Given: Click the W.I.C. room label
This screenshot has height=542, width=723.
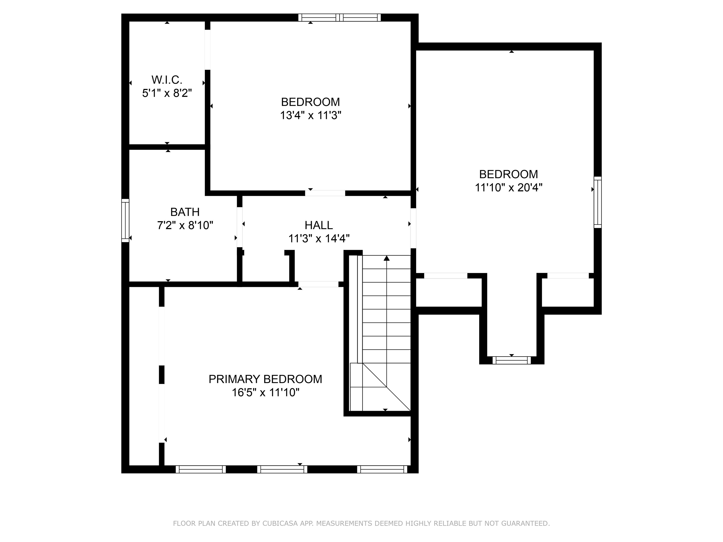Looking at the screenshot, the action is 167,80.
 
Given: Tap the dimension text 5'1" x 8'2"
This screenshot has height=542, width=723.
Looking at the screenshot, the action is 167,93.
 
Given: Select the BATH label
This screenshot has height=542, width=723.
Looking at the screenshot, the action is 185,212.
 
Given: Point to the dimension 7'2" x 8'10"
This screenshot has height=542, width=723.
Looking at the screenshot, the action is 185,225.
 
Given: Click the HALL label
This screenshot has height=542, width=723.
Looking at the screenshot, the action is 319,225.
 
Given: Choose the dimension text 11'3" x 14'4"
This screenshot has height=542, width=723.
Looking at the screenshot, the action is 319,239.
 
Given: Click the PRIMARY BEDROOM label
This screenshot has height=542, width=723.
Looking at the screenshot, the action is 265,379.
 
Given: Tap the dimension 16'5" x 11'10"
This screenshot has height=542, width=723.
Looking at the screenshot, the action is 265,392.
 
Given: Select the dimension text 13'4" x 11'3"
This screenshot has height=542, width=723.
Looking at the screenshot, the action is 310,115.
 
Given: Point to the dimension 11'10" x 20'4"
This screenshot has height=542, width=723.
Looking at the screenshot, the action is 509,187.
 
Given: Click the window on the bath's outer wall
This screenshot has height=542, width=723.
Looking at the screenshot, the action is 125,220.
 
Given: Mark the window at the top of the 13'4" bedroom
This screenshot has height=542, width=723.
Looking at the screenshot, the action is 340,18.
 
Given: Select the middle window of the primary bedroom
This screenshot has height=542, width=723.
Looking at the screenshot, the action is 282,470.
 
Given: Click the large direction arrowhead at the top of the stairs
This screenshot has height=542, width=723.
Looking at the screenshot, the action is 387,258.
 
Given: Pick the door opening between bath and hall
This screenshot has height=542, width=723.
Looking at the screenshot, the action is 240,227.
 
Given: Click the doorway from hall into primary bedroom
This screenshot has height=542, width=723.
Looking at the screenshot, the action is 318,284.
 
